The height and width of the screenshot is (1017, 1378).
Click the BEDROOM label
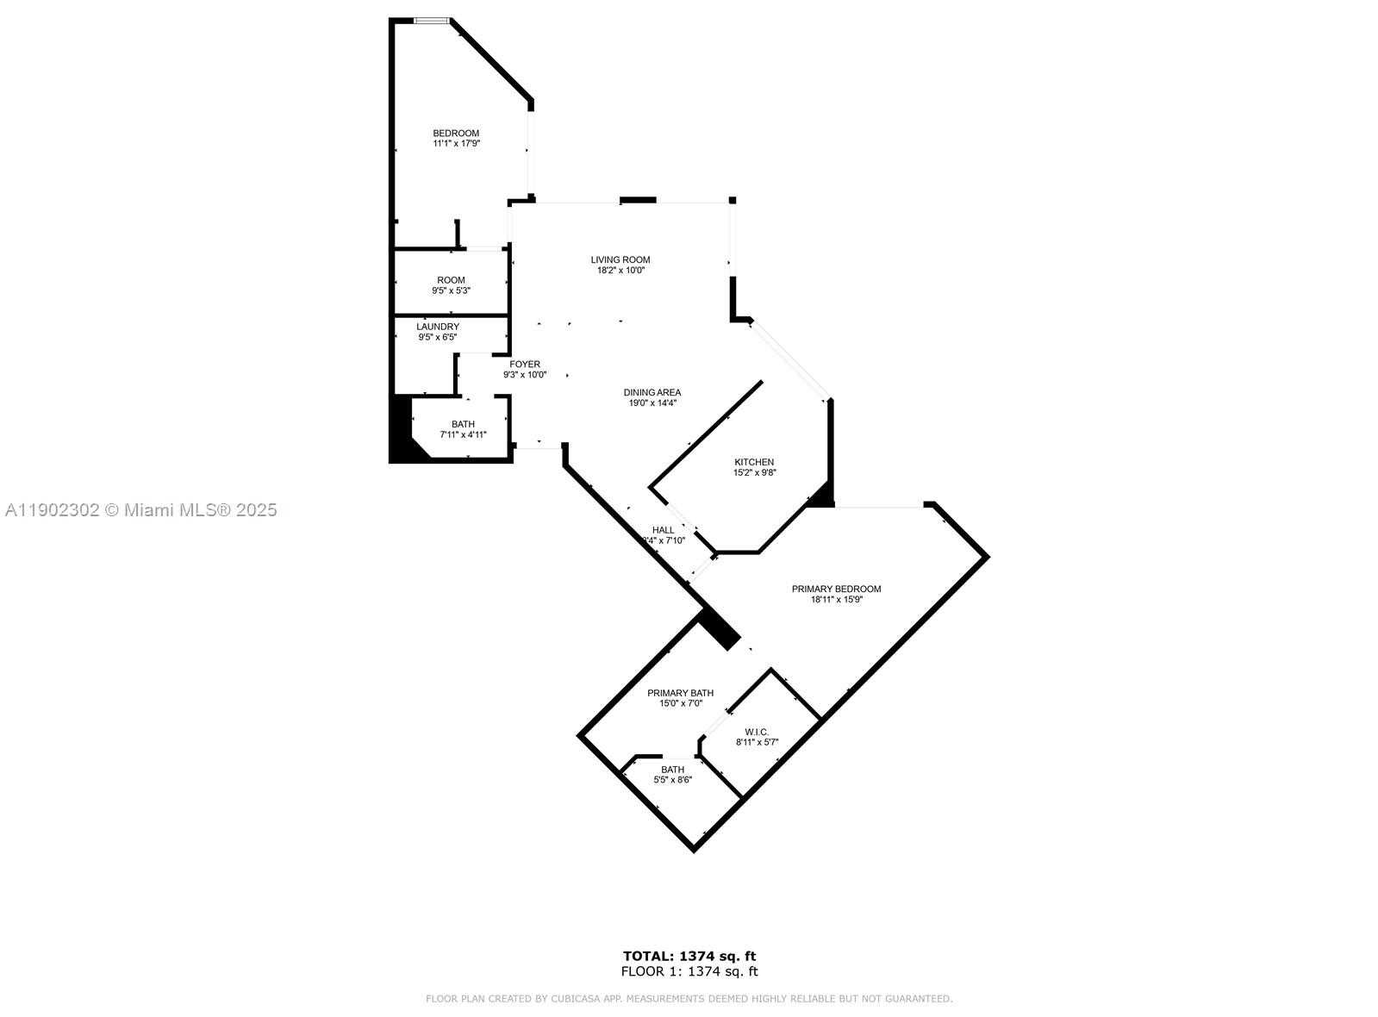coord(455,133)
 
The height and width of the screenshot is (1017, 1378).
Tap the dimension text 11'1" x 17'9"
coord(456,144)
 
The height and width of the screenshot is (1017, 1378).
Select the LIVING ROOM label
coord(620,259)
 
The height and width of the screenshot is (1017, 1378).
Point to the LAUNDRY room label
coord(438,327)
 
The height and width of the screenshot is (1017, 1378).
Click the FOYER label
coord(525,365)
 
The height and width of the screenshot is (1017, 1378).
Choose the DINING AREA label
coord(652,392)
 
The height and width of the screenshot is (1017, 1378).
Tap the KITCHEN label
coord(754,462)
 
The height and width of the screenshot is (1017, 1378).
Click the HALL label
coord(664,530)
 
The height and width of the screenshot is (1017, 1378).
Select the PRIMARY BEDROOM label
coord(836,590)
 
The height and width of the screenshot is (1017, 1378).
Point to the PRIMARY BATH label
coord(681,693)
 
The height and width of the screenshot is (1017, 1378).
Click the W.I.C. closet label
coord(758,732)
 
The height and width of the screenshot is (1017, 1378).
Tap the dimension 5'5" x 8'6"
coord(673,780)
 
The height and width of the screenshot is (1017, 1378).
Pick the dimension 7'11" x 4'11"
coord(464,435)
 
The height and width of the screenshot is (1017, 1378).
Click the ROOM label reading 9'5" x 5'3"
coord(451,280)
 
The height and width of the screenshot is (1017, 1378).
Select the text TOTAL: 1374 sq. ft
coord(689,956)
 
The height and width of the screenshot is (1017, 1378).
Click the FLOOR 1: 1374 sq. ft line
coord(689,971)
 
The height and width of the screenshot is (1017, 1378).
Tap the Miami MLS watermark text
coord(141,510)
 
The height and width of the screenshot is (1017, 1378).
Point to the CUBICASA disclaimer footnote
coord(689,999)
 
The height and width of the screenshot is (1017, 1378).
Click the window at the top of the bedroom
coord(431,20)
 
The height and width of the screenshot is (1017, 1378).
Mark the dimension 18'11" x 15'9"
coord(836,600)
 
